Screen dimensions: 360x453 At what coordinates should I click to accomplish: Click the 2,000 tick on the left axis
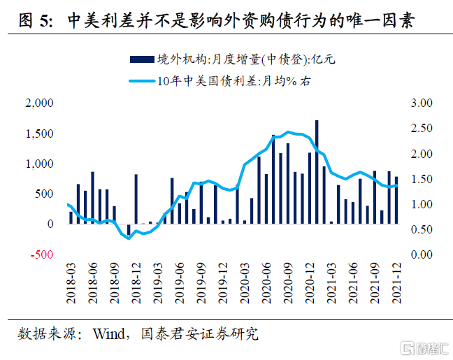38,103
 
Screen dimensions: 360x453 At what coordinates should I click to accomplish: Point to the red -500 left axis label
41,254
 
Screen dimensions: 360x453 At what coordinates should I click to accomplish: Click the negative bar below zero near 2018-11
129,229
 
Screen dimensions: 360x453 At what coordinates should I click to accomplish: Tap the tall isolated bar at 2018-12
136,199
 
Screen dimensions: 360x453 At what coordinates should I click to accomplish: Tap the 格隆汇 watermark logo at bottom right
419,347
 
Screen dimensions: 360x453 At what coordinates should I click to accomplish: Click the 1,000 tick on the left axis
38,164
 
